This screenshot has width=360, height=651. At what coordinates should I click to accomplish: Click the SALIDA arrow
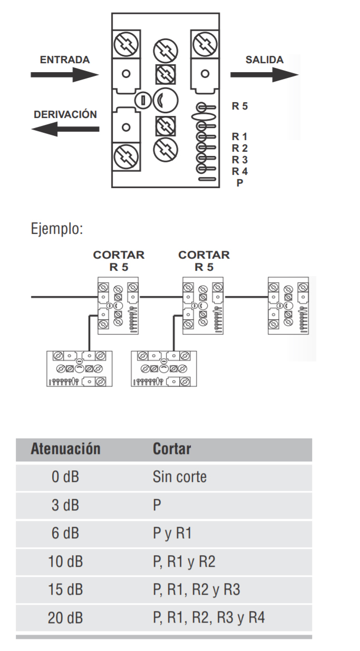pos(264,74)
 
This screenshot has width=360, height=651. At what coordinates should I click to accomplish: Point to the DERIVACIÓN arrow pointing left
pos(64,129)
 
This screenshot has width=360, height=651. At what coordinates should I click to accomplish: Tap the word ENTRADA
pos(65,60)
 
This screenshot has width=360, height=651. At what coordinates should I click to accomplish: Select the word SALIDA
pos(264,60)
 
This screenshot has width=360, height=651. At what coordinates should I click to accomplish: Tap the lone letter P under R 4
pos(240,182)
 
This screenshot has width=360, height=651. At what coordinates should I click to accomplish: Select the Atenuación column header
pos(65,450)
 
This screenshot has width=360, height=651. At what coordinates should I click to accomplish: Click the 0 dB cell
pos(65,478)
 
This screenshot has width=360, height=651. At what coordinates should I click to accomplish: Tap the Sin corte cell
pos(179,478)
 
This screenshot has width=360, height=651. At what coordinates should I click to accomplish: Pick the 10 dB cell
pos(65,561)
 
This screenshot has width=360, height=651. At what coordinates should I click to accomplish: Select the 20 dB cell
pos(65,617)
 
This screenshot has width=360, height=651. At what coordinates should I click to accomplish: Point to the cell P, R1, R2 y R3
pos(196,589)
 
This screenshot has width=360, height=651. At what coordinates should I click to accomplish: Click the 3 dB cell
pos(65,506)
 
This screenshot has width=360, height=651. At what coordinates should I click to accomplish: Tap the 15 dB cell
pos(65,589)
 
